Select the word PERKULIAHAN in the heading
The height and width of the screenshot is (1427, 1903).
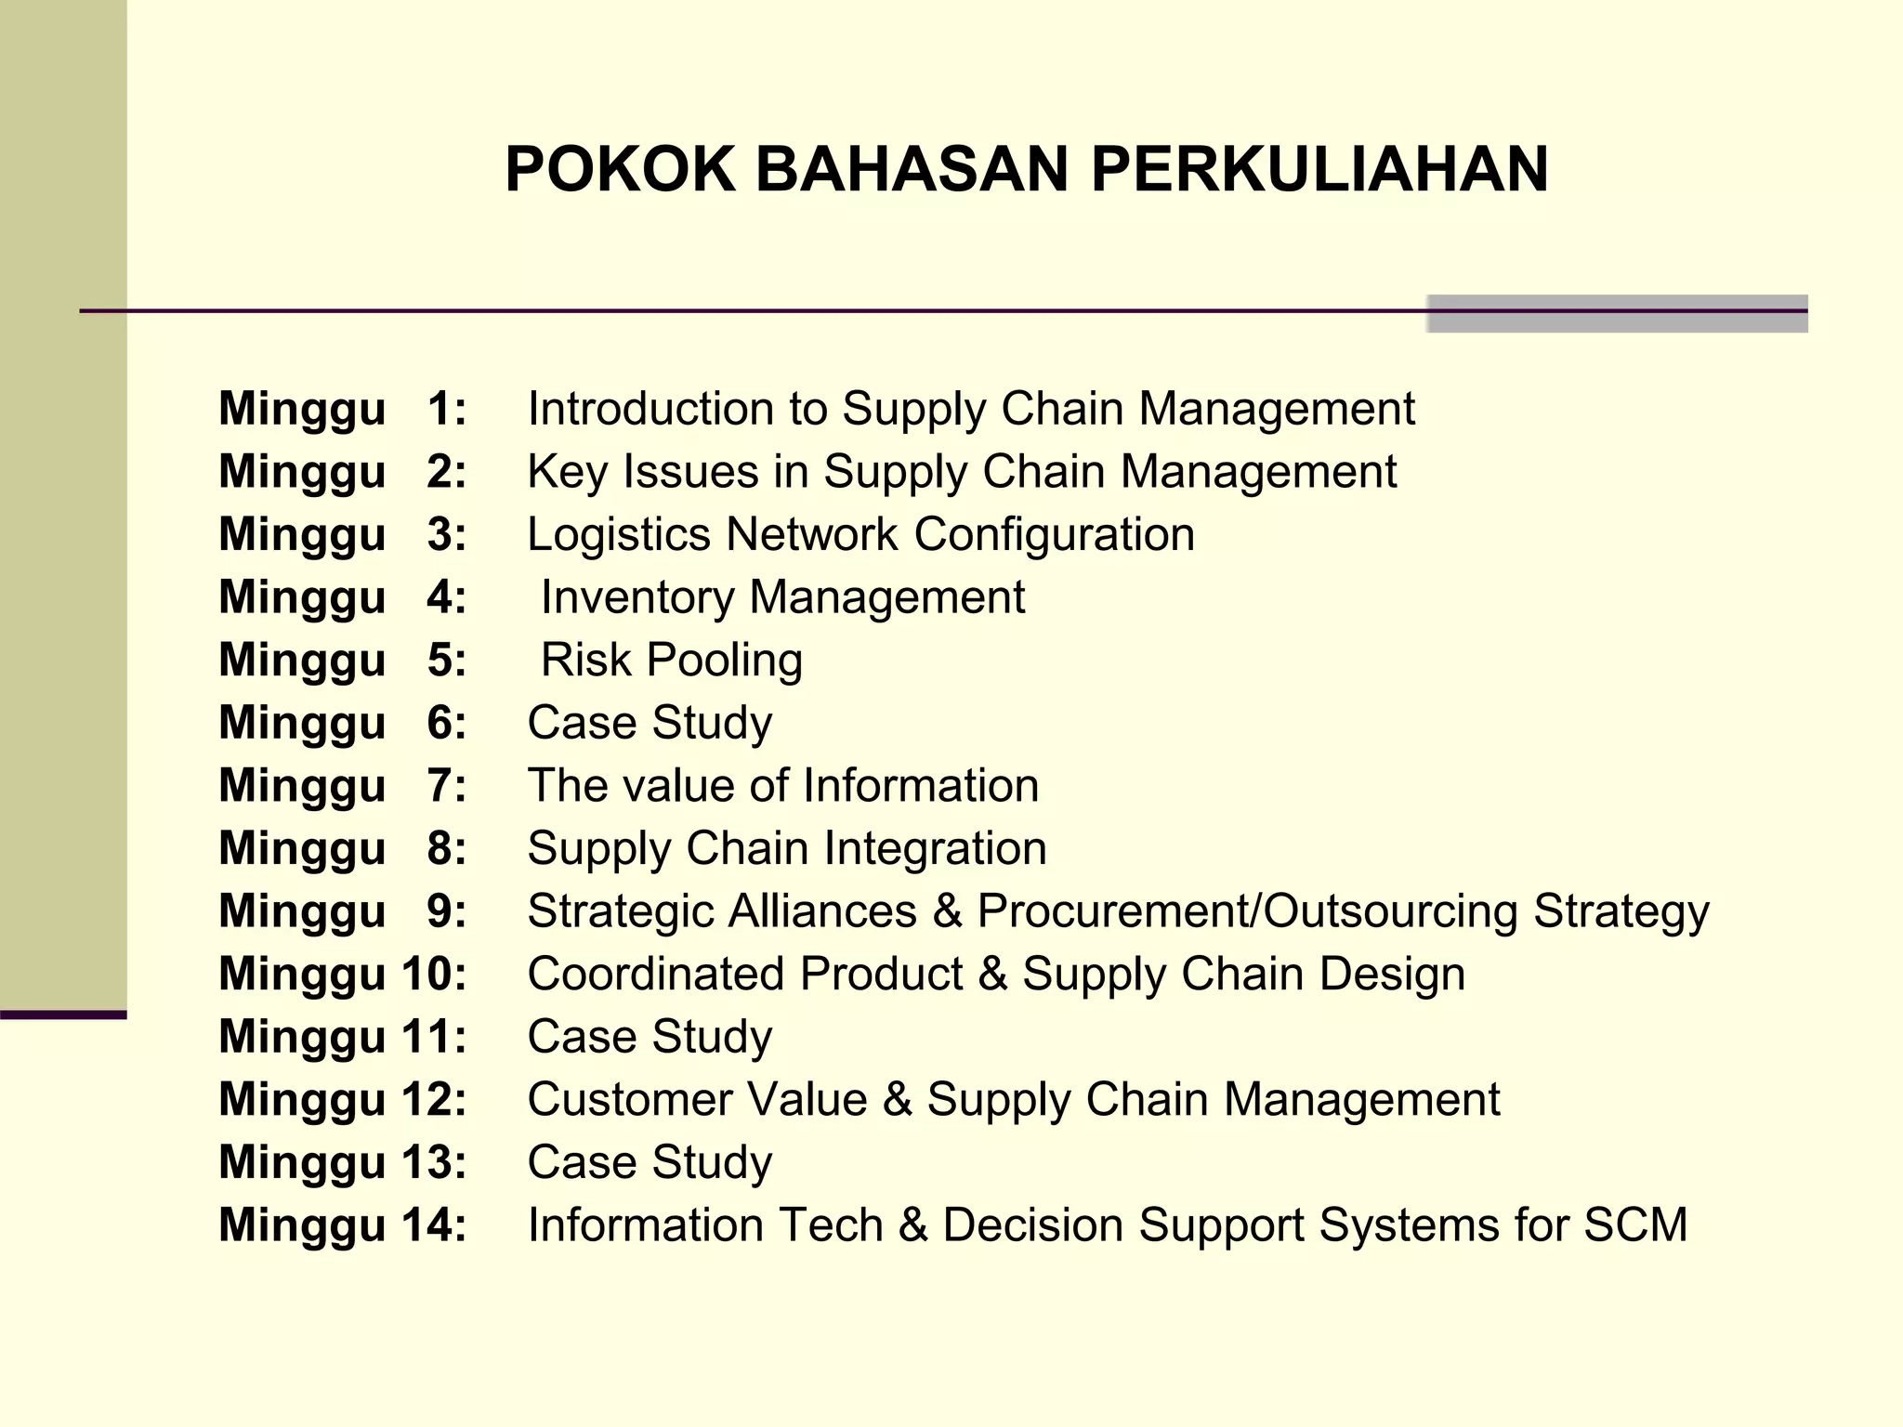[1319, 169]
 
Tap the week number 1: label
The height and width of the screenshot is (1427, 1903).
[446, 409]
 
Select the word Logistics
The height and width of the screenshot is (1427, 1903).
[619, 534]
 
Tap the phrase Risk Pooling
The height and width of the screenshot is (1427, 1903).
[672, 661]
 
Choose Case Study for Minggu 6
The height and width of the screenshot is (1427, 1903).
[650, 723]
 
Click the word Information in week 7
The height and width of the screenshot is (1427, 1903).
[920, 786]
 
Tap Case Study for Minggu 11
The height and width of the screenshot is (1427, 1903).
[650, 1037]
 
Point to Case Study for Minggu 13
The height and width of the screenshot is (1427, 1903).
[650, 1162]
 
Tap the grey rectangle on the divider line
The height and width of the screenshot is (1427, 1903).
[1617, 314]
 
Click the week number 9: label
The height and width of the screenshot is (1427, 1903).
[446, 911]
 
